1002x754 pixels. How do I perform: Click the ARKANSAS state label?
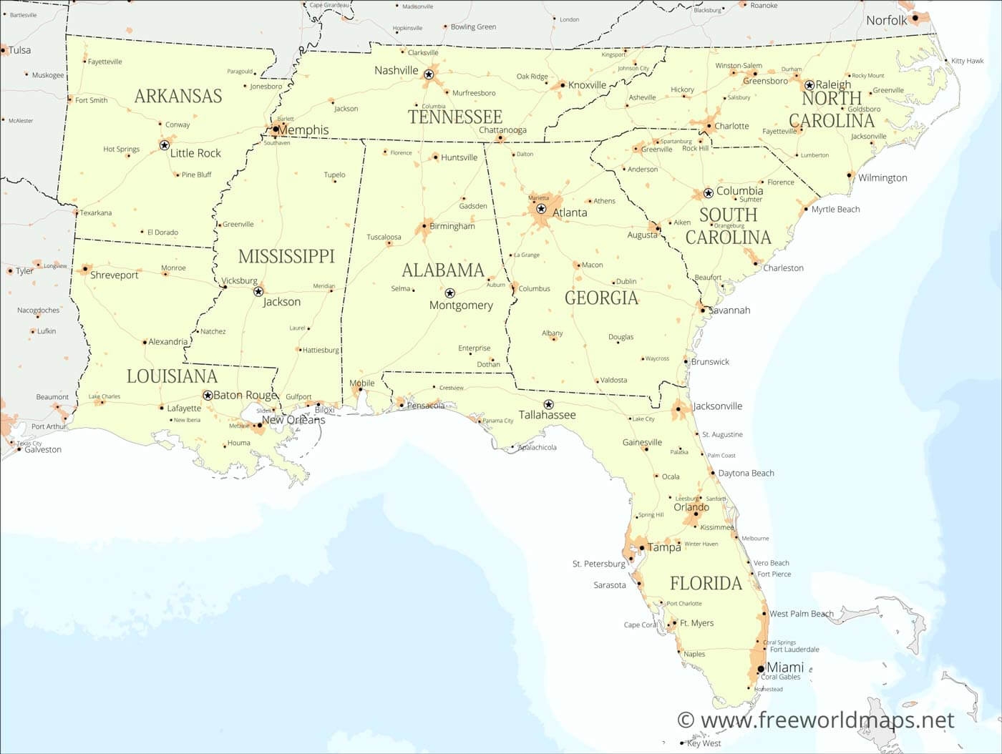click(x=178, y=96)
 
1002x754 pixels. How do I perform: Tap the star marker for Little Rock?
click(x=164, y=145)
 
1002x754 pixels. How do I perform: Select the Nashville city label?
click(x=396, y=70)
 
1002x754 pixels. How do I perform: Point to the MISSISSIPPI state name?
click(x=286, y=256)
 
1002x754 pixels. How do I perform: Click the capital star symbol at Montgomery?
click(x=449, y=293)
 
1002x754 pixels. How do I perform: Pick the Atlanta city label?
click(x=570, y=212)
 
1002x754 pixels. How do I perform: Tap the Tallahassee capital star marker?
click(x=549, y=405)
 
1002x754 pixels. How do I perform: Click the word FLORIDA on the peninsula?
click(x=706, y=583)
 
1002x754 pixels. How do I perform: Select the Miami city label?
click(x=785, y=667)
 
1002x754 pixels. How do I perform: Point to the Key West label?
click(x=704, y=743)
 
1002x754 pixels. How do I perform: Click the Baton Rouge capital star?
click(x=208, y=396)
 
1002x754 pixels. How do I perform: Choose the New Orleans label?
click(x=293, y=420)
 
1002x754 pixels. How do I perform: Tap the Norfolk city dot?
click(x=915, y=18)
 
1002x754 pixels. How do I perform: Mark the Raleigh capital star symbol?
click(x=809, y=85)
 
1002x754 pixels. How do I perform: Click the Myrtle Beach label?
click(x=835, y=209)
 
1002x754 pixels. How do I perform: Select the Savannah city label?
click(x=729, y=310)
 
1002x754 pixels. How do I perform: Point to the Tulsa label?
click(x=19, y=50)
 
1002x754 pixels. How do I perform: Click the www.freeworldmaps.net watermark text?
click(x=816, y=720)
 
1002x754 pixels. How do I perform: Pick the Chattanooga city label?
click(x=502, y=130)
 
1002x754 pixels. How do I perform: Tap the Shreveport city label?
click(x=114, y=275)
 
